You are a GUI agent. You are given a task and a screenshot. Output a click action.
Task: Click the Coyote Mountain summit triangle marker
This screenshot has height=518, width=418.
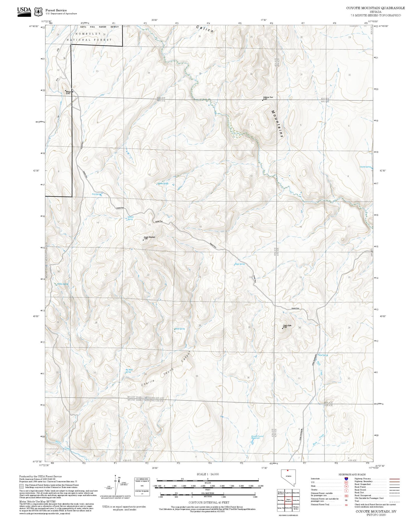pos(143,240)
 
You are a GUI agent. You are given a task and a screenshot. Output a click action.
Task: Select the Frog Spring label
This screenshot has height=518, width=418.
pos(96,194)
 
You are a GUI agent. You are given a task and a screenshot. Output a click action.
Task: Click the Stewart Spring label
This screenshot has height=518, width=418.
pos(130,218)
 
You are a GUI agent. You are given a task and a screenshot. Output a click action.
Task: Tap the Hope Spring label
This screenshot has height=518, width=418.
pos(240,264)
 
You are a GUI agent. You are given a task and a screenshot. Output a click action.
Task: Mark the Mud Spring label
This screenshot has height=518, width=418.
pos(323,355)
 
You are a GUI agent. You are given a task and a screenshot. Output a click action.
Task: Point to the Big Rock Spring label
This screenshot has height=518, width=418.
pos(129,371)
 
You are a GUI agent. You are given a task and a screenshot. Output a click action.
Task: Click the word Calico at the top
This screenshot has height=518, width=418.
pos(205,29)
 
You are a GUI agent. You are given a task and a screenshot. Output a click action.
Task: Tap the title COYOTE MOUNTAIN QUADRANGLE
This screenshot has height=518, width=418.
pos(375,8)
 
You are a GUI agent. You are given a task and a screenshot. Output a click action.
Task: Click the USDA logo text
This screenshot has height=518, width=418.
pos(24,10)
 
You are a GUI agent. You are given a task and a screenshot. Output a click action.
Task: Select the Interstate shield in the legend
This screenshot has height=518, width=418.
pos(346,478)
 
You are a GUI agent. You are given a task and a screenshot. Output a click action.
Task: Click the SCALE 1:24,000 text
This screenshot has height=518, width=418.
pos(208,474)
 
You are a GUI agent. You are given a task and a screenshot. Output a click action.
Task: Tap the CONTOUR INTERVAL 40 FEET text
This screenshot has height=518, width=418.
pos(209,502)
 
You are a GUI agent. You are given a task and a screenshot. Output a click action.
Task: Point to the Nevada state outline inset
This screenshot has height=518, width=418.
pos(288,477)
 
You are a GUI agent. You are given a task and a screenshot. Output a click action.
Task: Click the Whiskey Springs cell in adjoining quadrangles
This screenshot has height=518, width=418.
pos(296,508)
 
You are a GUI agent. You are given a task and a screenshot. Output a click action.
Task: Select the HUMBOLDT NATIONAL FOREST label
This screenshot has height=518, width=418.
pos(89,37)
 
